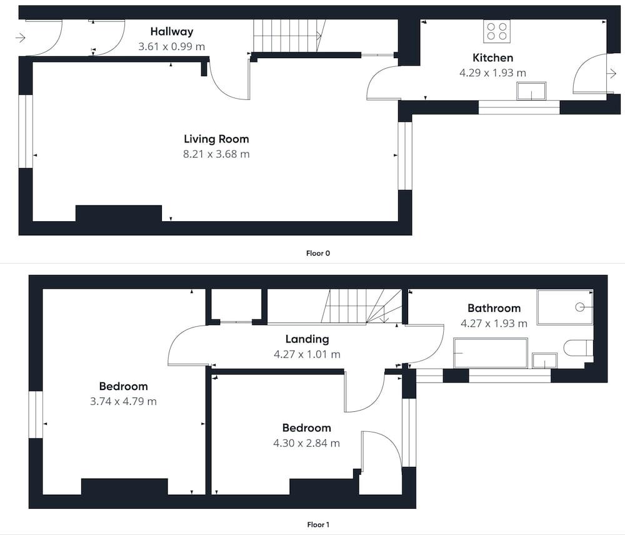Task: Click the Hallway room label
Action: click(172, 31)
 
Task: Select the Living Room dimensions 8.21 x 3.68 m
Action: click(216, 154)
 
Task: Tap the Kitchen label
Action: click(492, 57)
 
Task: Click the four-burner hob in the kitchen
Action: click(497, 31)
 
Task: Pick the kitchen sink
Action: click(531, 91)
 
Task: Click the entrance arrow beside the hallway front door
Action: click(21, 38)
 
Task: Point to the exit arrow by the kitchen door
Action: click(611, 73)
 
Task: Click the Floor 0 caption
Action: click(318, 253)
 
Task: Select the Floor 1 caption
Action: click(318, 524)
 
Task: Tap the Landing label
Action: click(307, 339)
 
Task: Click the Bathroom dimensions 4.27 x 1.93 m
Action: click(494, 323)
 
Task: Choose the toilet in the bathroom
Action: click(578, 348)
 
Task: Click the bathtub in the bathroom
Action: click(491, 353)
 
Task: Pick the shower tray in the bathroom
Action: click(565, 307)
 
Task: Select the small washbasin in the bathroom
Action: click(544, 361)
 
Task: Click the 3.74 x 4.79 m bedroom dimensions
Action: click(124, 401)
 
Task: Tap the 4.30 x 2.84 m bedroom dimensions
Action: click(306, 443)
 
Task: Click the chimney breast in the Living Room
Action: click(119, 213)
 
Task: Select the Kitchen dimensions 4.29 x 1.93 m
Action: click(492, 73)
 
